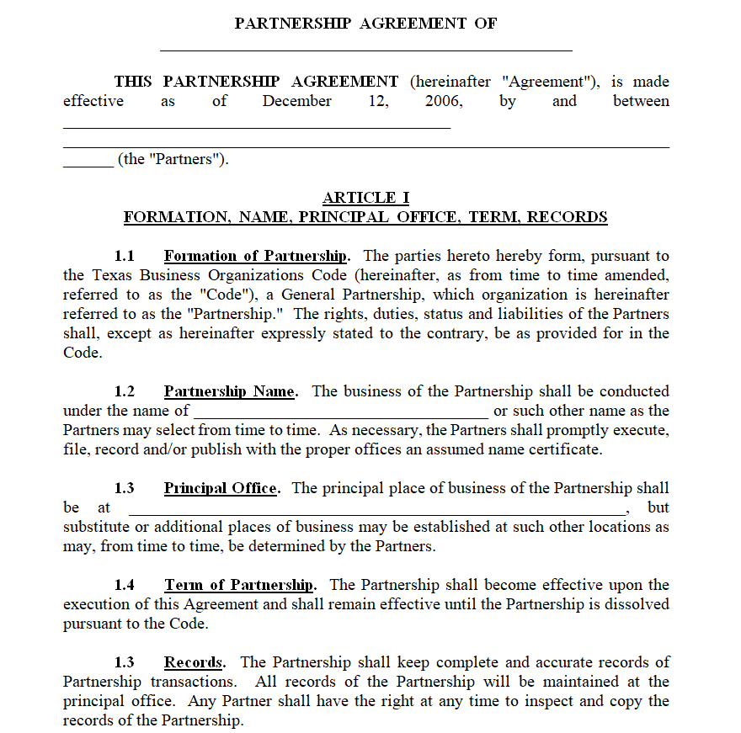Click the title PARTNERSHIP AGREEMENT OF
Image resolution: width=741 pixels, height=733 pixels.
click(x=365, y=24)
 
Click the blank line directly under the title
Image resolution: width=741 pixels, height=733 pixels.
click(x=365, y=50)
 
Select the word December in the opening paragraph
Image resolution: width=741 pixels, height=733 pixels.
click(x=296, y=101)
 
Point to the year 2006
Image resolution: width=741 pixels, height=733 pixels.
click(x=444, y=101)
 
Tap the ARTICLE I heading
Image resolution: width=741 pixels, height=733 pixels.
click(x=365, y=198)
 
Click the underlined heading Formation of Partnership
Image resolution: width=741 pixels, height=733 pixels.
click(x=255, y=256)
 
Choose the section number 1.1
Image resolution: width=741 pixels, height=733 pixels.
click(x=125, y=256)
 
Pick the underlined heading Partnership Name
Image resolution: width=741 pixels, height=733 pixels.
click(x=229, y=391)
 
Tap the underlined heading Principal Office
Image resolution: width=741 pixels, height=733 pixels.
click(x=220, y=488)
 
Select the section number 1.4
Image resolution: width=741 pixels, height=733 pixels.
click(x=125, y=585)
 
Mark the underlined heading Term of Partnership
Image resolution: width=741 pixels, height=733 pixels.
click(x=239, y=585)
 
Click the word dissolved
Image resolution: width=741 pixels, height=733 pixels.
click(x=637, y=604)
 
